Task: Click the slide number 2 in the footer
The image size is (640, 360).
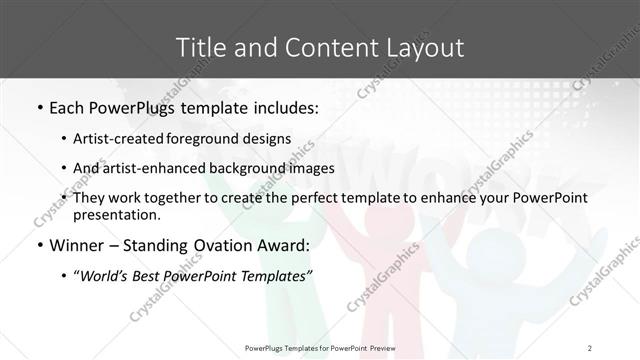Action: point(590,347)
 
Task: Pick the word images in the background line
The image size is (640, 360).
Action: point(310,168)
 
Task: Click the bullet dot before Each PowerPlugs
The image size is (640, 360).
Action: point(38,106)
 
